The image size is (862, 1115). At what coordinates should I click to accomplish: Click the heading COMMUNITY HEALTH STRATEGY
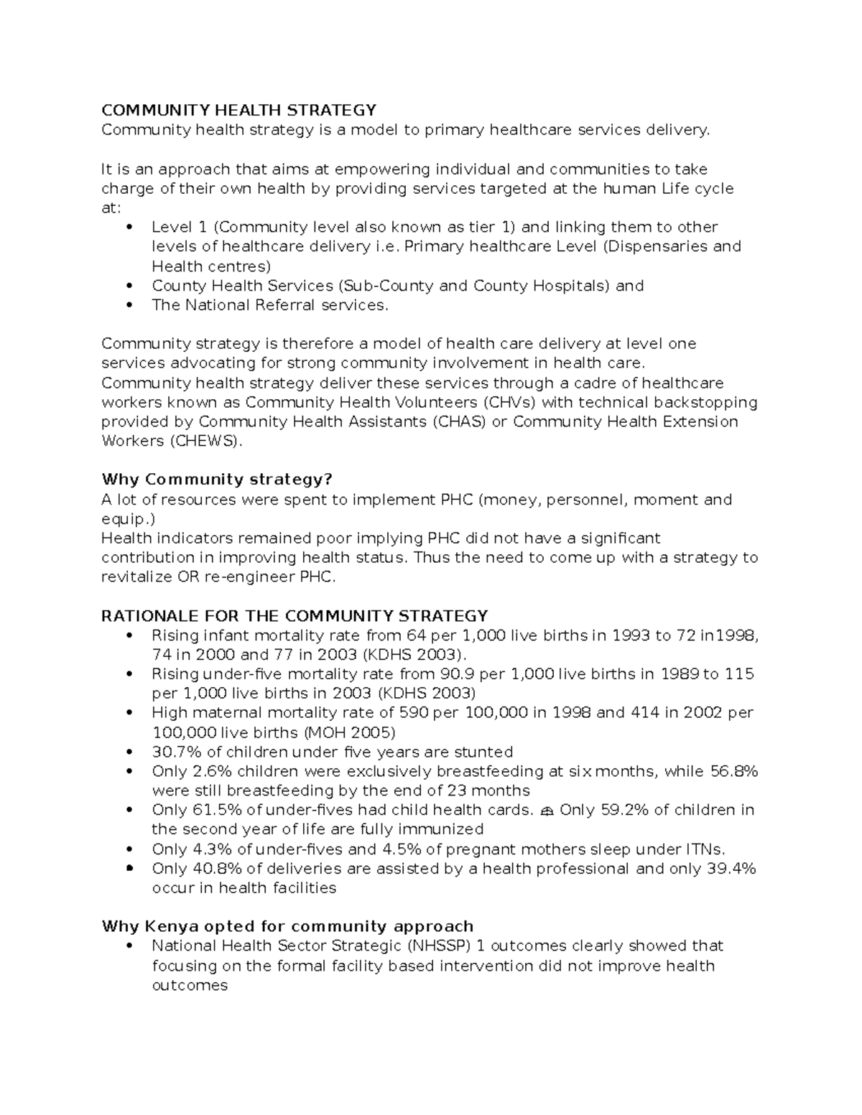(238, 110)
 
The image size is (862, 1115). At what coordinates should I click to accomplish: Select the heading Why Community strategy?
(217, 480)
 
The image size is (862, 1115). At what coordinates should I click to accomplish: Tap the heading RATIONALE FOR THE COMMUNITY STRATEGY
(295, 616)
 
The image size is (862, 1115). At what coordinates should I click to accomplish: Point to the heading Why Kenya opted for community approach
(287, 926)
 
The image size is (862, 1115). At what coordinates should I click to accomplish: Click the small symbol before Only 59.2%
(547, 811)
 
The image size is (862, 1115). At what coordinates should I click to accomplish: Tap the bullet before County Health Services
(129, 286)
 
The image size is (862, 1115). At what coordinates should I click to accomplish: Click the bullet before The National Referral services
(129, 305)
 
